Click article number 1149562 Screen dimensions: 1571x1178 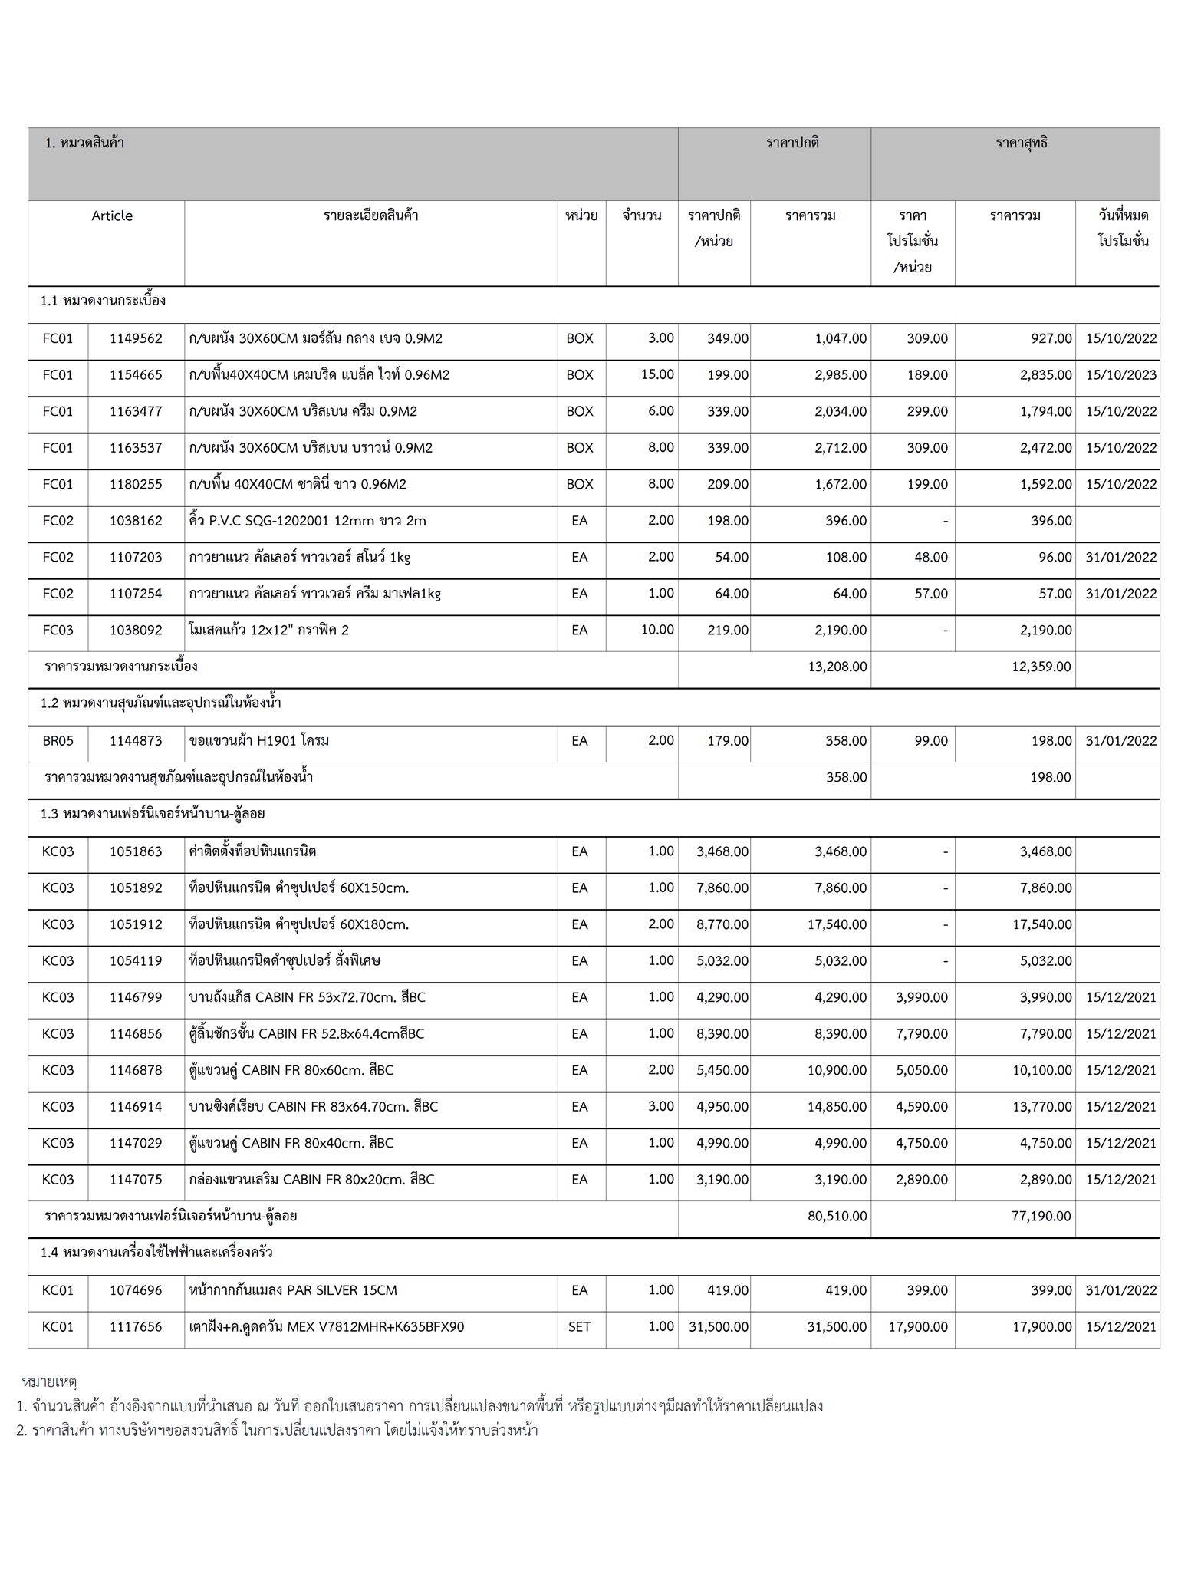click(136, 338)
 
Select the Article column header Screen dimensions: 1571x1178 click(112, 216)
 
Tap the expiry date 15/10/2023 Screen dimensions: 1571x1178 click(1121, 375)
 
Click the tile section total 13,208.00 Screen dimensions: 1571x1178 click(837, 667)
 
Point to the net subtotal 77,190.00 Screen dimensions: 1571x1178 click(1041, 1216)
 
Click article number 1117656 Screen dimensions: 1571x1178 click(136, 1326)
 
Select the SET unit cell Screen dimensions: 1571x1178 click(580, 1326)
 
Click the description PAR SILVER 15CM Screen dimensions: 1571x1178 click(293, 1290)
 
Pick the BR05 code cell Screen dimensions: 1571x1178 click(58, 741)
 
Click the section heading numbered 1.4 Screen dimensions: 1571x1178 click(156, 1253)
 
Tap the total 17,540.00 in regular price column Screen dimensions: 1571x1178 click(837, 924)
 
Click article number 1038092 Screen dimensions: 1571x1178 click(136, 630)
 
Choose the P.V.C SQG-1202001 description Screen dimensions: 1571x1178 click(307, 521)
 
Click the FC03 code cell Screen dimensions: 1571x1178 click(58, 630)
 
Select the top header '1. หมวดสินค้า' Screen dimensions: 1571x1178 click(85, 143)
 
